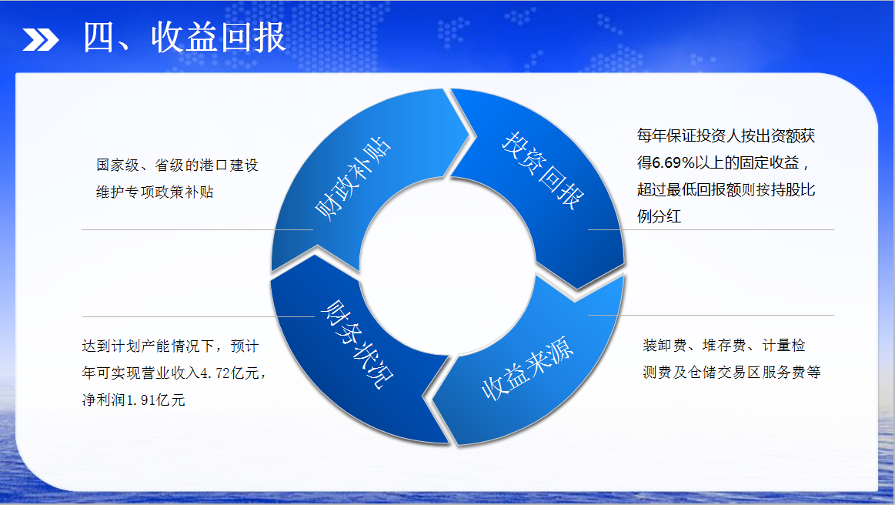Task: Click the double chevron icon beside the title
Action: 41,39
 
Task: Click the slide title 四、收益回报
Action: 185,38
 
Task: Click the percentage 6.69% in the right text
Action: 673,162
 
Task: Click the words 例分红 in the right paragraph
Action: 660,216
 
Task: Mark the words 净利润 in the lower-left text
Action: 104,400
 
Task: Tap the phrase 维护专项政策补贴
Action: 155,192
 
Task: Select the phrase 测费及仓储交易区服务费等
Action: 732,372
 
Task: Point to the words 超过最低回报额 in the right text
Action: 689,189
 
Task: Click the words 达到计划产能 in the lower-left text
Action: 126,346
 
